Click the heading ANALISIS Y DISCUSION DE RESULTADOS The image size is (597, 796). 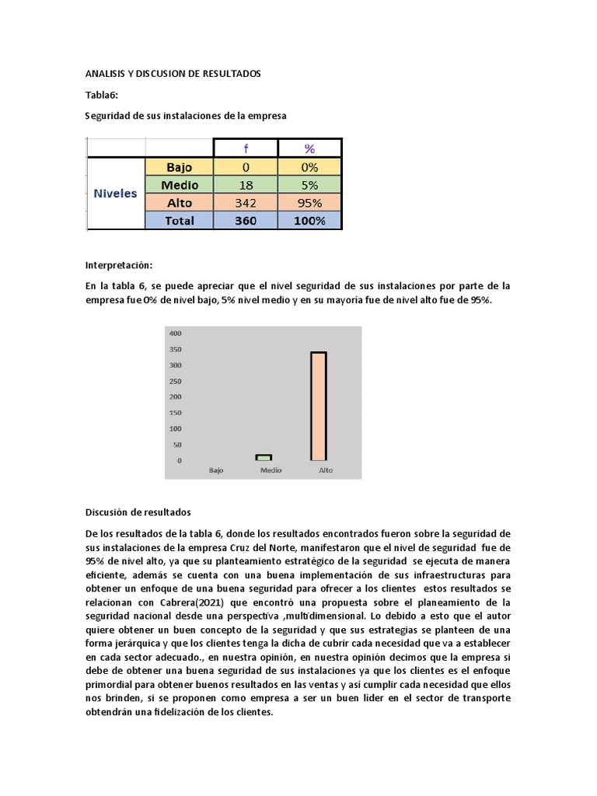(173, 74)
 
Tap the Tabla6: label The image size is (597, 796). (101, 95)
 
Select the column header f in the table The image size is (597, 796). (246, 148)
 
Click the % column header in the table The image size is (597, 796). (309, 148)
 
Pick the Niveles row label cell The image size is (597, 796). (115, 194)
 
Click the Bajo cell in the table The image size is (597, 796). (180, 166)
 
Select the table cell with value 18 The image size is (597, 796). (246, 185)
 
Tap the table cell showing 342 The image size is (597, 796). (246, 203)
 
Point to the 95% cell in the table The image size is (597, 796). (309, 203)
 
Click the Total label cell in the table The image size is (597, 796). (180, 221)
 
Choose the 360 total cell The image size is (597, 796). (246, 221)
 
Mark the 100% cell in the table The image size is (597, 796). (309, 221)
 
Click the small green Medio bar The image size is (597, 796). (264, 458)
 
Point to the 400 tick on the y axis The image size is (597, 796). (175, 333)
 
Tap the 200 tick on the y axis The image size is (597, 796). (175, 397)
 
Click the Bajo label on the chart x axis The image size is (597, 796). (217, 470)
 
